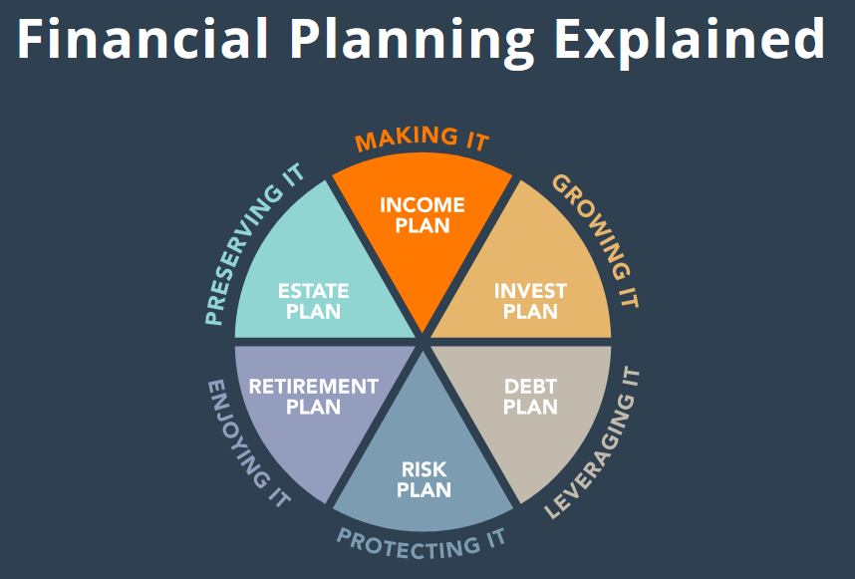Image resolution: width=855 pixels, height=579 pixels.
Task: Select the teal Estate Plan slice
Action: pos(314,289)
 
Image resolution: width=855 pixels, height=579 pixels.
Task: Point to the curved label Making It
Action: pos(423,139)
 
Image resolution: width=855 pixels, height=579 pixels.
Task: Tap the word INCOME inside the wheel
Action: pos(423,205)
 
